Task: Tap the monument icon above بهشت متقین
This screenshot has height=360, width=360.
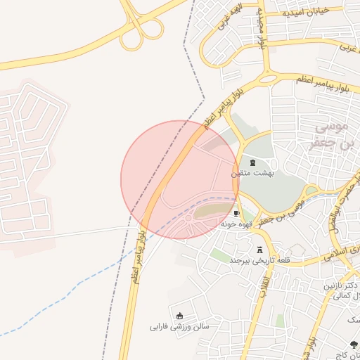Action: [x=252, y=162]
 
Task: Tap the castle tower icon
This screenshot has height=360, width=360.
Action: [x=260, y=250]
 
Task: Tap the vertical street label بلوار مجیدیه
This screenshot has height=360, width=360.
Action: [x=263, y=32]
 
